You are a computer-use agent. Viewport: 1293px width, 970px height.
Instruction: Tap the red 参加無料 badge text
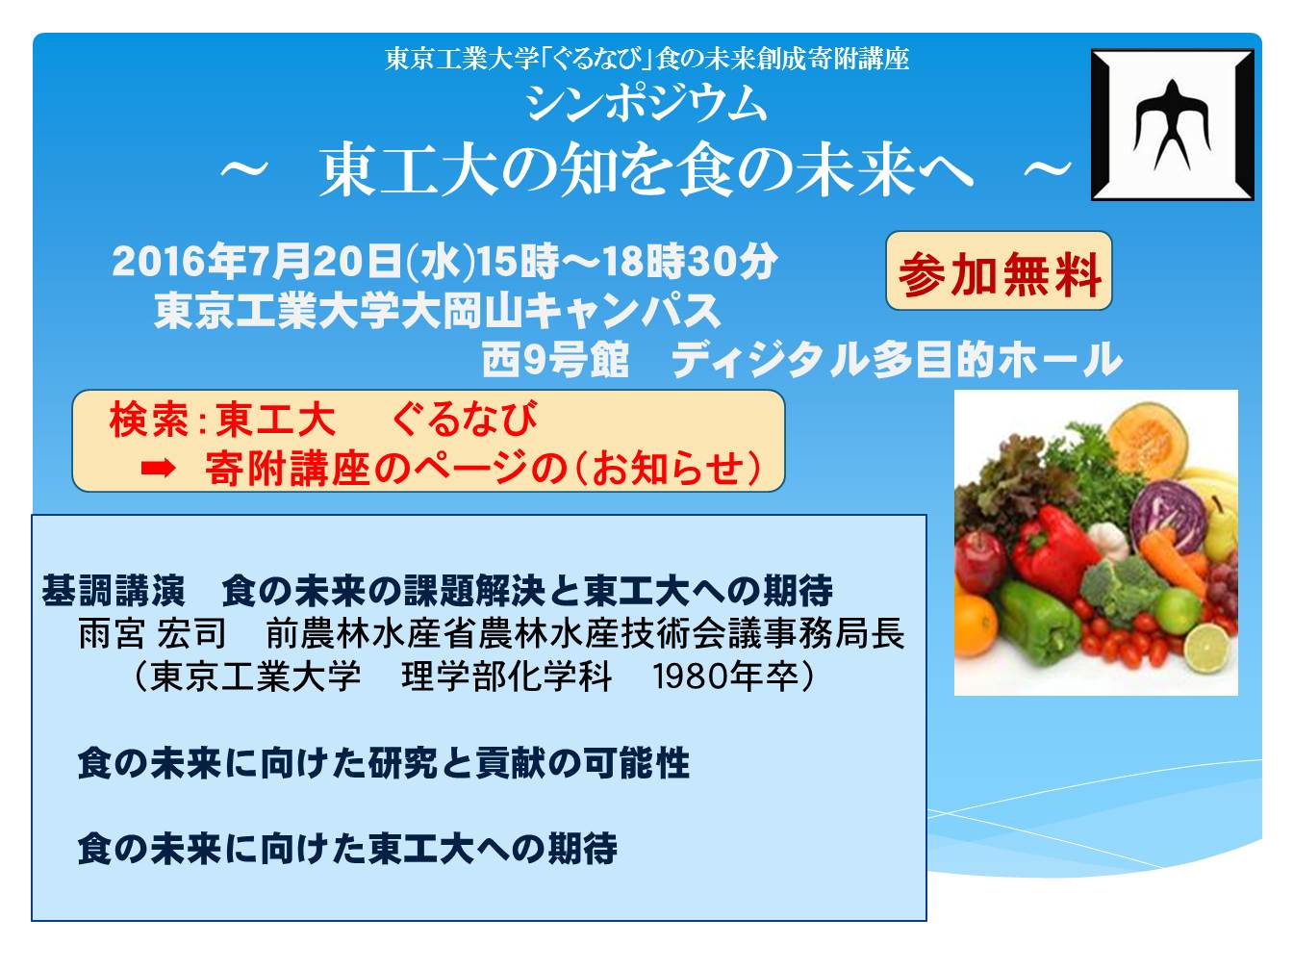(x=999, y=273)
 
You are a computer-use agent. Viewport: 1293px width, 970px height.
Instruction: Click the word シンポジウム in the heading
(x=646, y=104)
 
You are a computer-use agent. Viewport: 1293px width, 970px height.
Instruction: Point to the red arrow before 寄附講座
(x=158, y=469)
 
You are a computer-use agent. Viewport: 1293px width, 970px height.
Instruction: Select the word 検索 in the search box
(x=148, y=420)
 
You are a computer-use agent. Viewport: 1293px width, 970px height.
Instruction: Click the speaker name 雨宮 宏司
(x=152, y=634)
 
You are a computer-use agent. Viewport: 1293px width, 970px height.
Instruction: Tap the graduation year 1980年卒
(x=725, y=676)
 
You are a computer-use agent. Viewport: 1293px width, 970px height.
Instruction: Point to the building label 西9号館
(x=555, y=359)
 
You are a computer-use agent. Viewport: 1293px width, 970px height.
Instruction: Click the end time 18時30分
(x=690, y=261)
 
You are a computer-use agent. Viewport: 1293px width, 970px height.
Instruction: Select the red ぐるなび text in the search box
(x=465, y=420)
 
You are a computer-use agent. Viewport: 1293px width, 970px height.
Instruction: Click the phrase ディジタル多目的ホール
(x=896, y=359)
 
